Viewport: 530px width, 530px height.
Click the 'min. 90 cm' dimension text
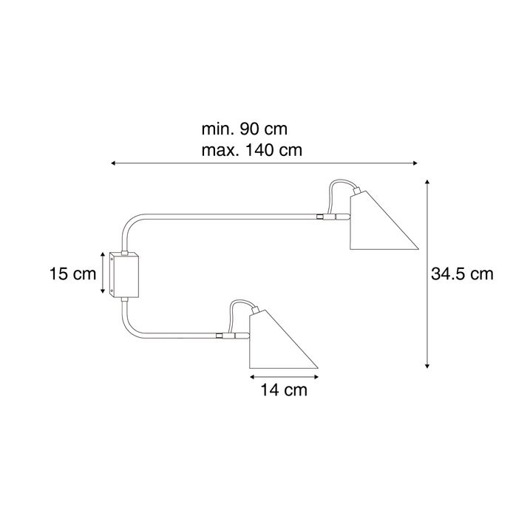(245, 129)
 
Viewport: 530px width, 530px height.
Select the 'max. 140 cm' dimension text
(252, 150)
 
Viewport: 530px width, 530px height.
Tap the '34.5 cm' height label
(462, 274)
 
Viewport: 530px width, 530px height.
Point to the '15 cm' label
(73, 274)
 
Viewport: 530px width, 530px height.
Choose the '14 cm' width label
(284, 390)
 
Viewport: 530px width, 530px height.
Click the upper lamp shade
(378, 223)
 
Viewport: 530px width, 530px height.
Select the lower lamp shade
(278, 342)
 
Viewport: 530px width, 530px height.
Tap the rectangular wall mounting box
(124, 275)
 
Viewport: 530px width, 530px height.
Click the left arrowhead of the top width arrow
(114, 163)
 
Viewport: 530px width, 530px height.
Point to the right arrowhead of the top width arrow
(415, 163)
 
